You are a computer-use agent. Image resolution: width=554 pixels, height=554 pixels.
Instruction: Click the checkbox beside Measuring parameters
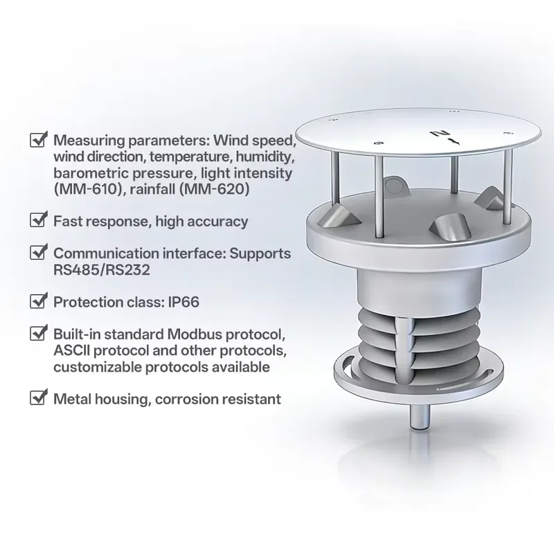click(x=39, y=139)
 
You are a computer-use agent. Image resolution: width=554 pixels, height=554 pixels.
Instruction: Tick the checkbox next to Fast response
click(x=39, y=220)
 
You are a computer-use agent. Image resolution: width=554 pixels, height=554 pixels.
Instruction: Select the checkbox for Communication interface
click(x=39, y=251)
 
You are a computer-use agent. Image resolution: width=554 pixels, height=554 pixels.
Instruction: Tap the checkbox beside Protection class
click(x=39, y=301)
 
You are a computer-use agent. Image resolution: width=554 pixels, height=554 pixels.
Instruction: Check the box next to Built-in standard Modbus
click(x=39, y=332)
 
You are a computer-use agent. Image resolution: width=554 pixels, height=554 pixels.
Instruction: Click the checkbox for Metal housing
click(x=39, y=397)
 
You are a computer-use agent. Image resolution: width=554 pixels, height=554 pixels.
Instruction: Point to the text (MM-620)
click(x=215, y=189)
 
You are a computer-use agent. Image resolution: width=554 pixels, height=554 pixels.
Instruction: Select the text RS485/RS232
click(x=102, y=270)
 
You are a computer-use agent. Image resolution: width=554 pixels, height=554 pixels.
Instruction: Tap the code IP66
click(x=184, y=302)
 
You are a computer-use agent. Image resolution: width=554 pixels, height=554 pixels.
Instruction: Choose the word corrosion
click(x=186, y=400)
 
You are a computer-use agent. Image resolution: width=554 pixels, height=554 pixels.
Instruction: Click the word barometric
click(x=90, y=173)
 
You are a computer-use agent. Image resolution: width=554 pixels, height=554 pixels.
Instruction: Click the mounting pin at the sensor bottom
click(x=420, y=417)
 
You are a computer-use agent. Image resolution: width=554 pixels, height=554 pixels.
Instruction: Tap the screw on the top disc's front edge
click(x=379, y=143)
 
